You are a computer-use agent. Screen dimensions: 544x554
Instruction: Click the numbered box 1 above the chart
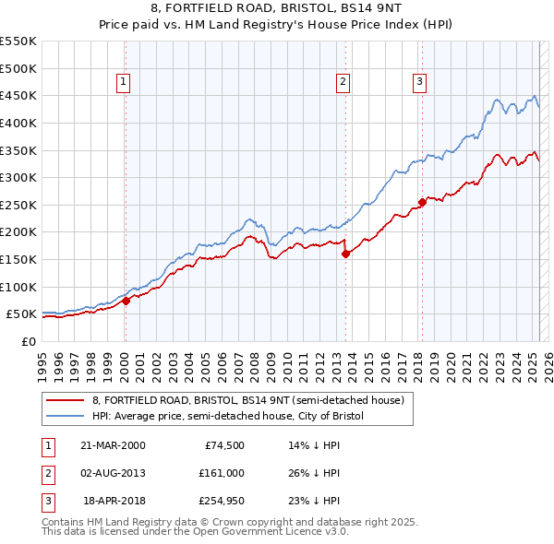coord(123,82)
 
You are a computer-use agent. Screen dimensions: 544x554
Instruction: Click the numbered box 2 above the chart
coord(342,82)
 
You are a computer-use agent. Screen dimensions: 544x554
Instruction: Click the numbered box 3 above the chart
coord(419,82)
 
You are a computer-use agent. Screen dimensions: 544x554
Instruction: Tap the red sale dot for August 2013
coord(344,254)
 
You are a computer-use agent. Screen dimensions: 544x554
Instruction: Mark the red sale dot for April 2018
coord(422,202)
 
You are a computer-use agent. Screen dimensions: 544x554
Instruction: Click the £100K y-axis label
coord(18,287)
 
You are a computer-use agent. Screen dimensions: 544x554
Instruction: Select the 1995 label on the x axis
coord(42,361)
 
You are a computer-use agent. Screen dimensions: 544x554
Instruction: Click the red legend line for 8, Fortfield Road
coord(65,401)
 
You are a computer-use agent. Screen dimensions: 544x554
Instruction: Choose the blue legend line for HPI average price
coord(65,417)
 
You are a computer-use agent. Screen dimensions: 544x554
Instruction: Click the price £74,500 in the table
coord(223,445)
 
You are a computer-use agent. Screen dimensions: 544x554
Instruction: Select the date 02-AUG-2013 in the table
coord(114,473)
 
